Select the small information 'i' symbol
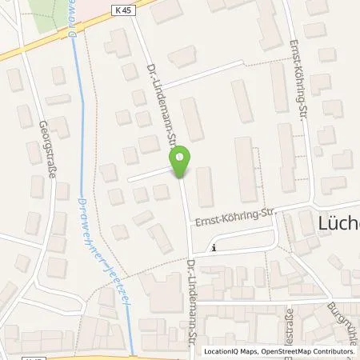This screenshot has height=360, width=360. [214, 247]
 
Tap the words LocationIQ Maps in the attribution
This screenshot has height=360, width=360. [230, 351]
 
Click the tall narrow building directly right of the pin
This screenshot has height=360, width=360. [206, 186]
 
